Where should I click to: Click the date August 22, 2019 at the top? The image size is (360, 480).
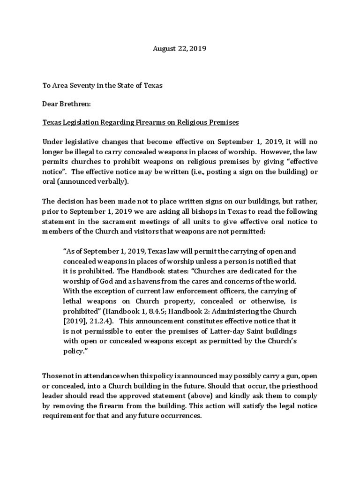point(180,48)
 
